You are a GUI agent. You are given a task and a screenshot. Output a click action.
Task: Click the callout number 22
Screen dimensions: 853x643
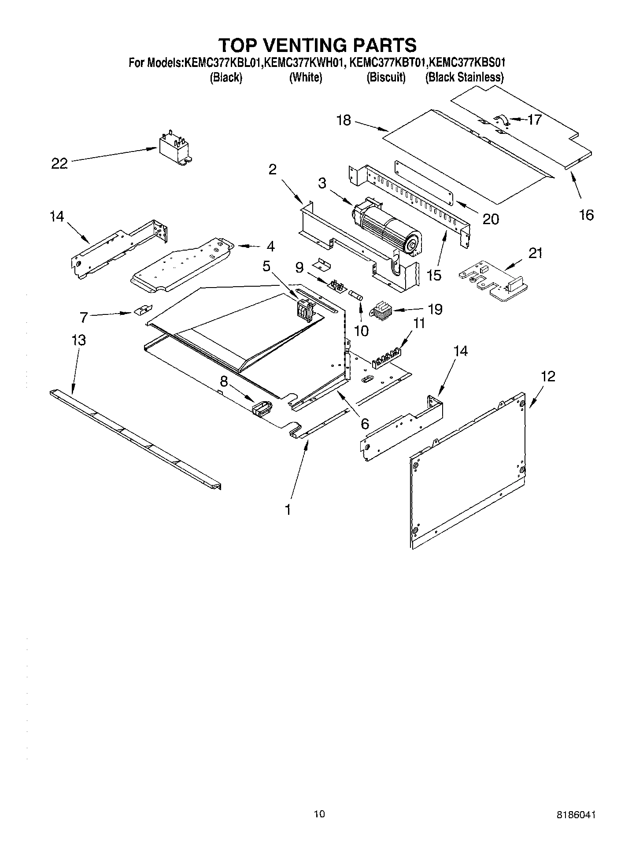click(59, 164)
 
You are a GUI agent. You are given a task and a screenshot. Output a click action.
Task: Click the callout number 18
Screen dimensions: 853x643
click(344, 120)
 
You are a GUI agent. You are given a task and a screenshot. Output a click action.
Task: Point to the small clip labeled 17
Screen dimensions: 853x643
click(502, 119)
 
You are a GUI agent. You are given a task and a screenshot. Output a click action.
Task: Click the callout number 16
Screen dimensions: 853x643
click(587, 215)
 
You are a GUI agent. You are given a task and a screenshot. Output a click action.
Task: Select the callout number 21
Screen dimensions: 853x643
click(535, 253)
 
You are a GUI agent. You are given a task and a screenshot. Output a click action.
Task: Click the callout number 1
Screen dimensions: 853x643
click(288, 510)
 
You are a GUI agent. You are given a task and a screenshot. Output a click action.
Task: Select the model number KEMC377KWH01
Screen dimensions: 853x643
click(305, 63)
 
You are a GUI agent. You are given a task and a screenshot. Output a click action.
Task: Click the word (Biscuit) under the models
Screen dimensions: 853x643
click(386, 78)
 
